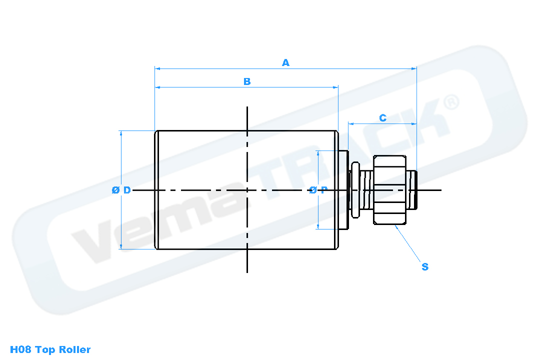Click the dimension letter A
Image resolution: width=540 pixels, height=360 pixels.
coord(285,62)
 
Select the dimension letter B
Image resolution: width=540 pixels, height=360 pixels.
coord(247,81)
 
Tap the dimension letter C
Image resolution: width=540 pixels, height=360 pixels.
coord(382,118)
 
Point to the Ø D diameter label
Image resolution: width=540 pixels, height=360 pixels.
coord(121,190)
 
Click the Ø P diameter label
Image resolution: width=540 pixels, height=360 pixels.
coord(318,190)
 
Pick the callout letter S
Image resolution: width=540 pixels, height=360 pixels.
coord(425,266)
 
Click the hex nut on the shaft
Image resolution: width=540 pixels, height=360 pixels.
coord(390,190)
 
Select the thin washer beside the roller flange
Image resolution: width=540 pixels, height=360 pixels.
coord(355,190)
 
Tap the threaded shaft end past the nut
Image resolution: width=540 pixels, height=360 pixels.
coord(412,190)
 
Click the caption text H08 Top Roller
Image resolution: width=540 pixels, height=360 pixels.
coord(50,349)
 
